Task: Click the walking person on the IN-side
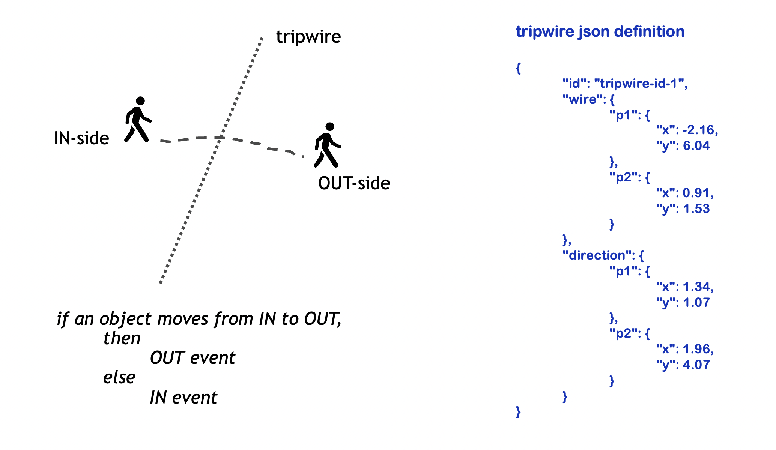[138, 120]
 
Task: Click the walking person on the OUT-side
[327, 145]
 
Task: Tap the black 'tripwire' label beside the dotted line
[308, 37]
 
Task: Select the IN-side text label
[81, 138]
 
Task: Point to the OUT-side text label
[354, 183]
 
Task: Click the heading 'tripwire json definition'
[600, 31]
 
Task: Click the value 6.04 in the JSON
[696, 146]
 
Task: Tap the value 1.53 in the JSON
[696, 209]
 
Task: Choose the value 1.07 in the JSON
[696, 303]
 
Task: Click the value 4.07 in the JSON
[696, 365]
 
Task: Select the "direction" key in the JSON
[597, 255]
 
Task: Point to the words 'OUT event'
[192, 358]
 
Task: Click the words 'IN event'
[183, 397]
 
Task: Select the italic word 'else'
[119, 377]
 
